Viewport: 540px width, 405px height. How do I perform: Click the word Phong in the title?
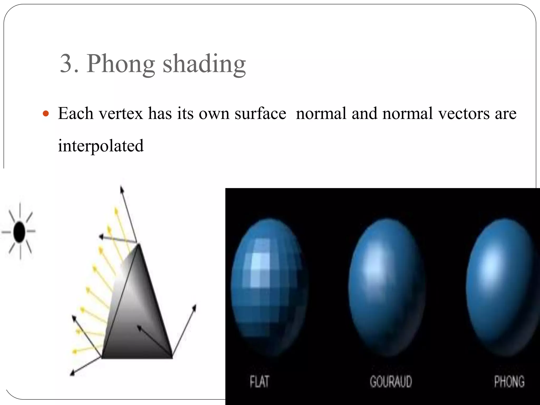tap(120, 64)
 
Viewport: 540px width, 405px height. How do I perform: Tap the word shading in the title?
tap(204, 64)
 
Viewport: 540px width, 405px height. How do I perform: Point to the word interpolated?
tap(101, 146)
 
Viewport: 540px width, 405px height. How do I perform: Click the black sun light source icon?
tap(19, 232)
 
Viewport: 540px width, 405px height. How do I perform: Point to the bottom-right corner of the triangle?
tap(172, 358)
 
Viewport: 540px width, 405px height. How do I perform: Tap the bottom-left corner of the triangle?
tap(102, 358)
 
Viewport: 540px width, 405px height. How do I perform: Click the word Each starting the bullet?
tap(75, 114)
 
